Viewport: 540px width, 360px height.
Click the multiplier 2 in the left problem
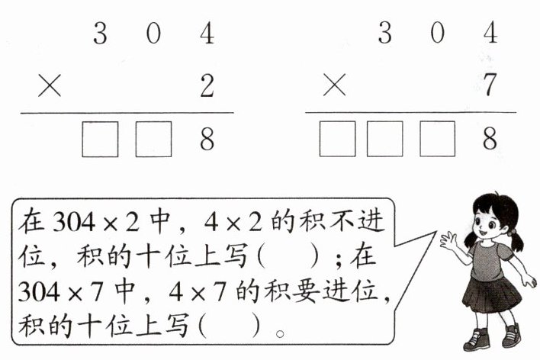pos(207,87)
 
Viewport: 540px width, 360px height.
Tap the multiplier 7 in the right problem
pos(490,87)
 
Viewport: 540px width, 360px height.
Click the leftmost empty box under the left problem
pos(100,139)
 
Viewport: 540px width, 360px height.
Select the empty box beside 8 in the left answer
pos(154,139)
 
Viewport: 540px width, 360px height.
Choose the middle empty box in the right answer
pos(385,139)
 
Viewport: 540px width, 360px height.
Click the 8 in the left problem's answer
pos(207,139)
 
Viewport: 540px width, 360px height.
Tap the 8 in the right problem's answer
pos(490,139)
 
